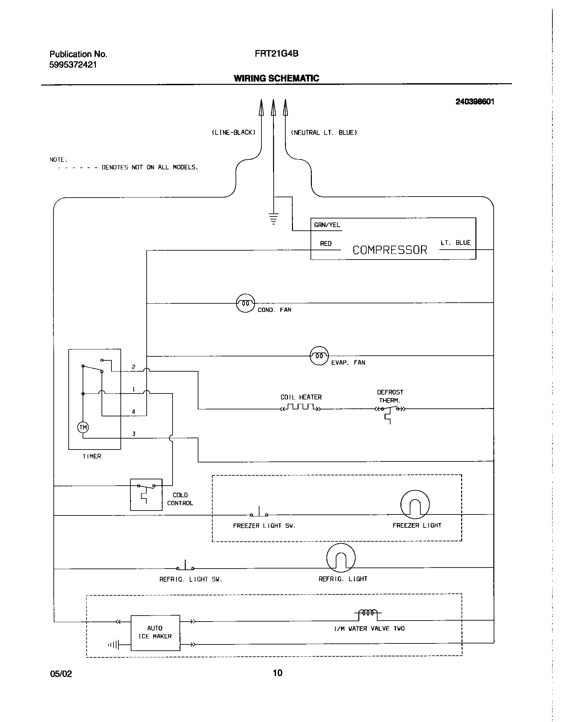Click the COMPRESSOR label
tap(390, 250)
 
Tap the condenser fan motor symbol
tap(245, 303)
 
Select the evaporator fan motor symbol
tap(319, 356)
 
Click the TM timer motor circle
tap(83, 427)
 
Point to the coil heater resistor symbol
tap(301, 407)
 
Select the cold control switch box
tap(146, 494)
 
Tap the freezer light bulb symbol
tap(415, 505)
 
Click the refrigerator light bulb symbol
tap(341, 558)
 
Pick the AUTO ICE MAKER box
tap(155, 632)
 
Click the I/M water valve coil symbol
tap(368, 613)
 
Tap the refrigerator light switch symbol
tap(185, 566)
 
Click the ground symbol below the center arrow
tap(273, 219)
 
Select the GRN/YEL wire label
tap(327, 225)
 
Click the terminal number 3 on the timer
tap(134, 434)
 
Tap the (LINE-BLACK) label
tap(234, 133)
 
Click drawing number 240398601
tap(474, 102)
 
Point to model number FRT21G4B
tap(276, 54)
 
